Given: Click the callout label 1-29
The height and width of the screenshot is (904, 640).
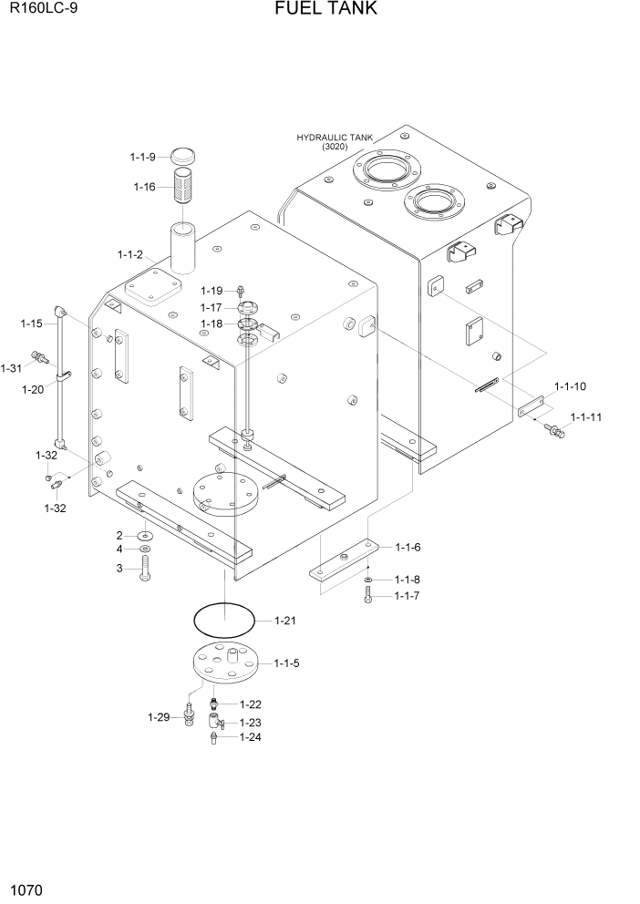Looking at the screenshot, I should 160,717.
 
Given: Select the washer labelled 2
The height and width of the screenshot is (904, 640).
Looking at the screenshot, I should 146,536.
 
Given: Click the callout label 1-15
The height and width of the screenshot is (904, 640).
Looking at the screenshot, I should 32,323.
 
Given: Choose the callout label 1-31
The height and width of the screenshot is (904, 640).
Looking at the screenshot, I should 11,368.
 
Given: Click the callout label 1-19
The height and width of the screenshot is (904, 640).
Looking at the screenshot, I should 212,290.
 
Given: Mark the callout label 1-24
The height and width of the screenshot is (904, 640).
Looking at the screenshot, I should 251,737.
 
